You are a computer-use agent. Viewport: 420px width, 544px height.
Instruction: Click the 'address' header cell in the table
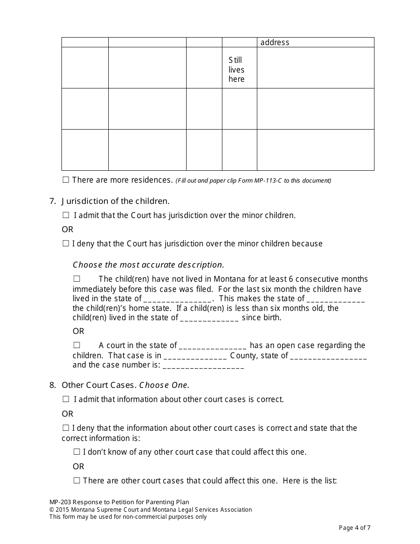pyautogui.click(x=275, y=42)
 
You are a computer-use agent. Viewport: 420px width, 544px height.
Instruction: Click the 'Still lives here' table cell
pyautogui.click(x=236, y=69)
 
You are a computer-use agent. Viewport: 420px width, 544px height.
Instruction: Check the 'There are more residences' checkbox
pyautogui.click(x=66, y=180)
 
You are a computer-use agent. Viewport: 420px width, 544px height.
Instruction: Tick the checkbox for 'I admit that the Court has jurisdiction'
pyautogui.click(x=66, y=215)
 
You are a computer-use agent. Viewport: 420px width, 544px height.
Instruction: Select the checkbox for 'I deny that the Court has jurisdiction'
pyautogui.click(x=66, y=243)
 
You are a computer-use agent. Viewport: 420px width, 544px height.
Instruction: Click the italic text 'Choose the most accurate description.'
pyautogui.click(x=148, y=265)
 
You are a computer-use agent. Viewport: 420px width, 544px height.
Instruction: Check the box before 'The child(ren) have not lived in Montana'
pyautogui.click(x=77, y=279)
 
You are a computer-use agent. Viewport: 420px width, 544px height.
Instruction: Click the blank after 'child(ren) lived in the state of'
pyautogui.click(x=209, y=318)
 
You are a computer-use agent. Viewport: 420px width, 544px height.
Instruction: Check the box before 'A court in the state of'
pyautogui.click(x=77, y=345)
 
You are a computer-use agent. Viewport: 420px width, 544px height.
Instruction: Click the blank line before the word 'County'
pyautogui.click(x=195, y=356)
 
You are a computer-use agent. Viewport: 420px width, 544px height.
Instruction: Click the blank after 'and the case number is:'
pyautogui.click(x=203, y=366)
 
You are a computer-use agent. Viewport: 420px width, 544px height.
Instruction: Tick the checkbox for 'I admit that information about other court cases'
pyautogui.click(x=66, y=399)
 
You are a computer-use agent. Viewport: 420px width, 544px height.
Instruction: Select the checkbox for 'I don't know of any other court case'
pyautogui.click(x=77, y=452)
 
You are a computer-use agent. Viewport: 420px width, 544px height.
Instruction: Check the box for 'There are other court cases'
pyautogui.click(x=77, y=481)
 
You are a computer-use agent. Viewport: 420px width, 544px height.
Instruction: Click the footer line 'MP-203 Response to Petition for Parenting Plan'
pyautogui.click(x=119, y=502)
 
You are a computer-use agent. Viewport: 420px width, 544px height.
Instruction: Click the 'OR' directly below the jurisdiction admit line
pyautogui.click(x=67, y=230)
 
